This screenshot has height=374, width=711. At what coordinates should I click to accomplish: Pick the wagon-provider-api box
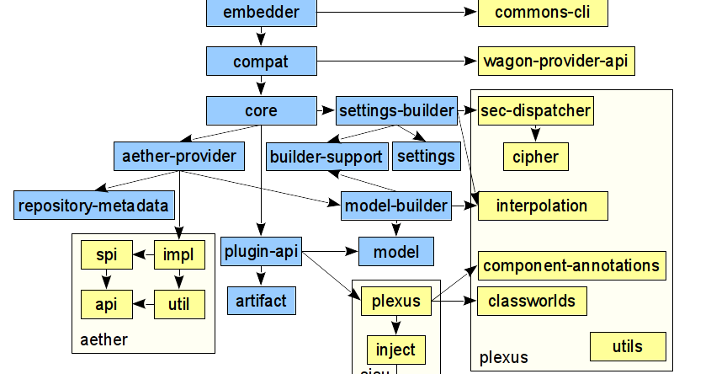click(x=556, y=61)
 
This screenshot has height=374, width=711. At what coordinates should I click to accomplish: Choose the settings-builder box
click(x=396, y=110)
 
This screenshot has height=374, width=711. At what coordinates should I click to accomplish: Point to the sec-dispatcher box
click(x=535, y=110)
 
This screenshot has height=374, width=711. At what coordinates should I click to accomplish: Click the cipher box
click(x=535, y=156)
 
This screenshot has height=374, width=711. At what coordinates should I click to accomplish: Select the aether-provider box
click(x=178, y=156)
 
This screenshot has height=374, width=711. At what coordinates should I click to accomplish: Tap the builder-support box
click(x=326, y=156)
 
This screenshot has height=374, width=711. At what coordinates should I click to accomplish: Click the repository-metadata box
click(x=93, y=205)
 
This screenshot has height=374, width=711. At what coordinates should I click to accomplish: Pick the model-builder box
click(x=395, y=205)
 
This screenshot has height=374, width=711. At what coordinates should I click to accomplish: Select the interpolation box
click(x=543, y=206)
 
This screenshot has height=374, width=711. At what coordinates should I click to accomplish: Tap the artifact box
click(x=261, y=300)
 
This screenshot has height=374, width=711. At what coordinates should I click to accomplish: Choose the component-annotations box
click(x=571, y=265)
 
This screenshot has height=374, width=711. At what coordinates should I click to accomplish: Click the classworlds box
click(x=531, y=301)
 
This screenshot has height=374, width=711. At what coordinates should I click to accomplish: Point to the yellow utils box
click(x=628, y=346)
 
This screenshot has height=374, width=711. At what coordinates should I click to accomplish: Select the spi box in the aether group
click(x=106, y=254)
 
